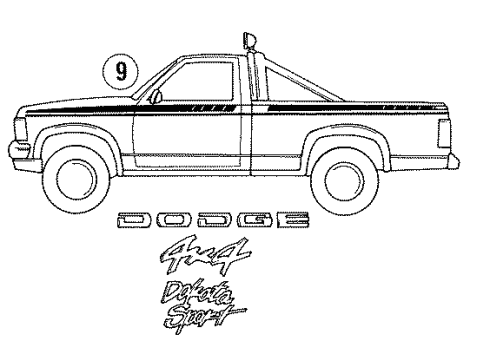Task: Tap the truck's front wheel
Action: point(79,174)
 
